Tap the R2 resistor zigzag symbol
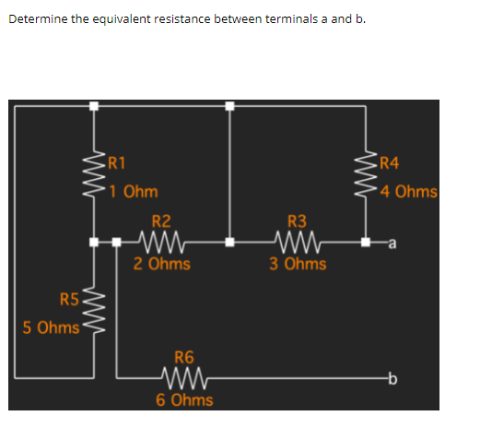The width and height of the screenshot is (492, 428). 162,244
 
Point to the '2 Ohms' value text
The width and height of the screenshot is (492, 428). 161,264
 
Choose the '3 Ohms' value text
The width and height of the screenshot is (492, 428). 298,264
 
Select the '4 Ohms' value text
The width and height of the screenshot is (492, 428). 407,192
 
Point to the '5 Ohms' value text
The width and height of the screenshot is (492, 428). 51,327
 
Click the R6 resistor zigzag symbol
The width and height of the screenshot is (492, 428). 184,377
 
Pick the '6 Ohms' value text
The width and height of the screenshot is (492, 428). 184,399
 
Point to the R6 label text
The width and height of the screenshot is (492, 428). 184,357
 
